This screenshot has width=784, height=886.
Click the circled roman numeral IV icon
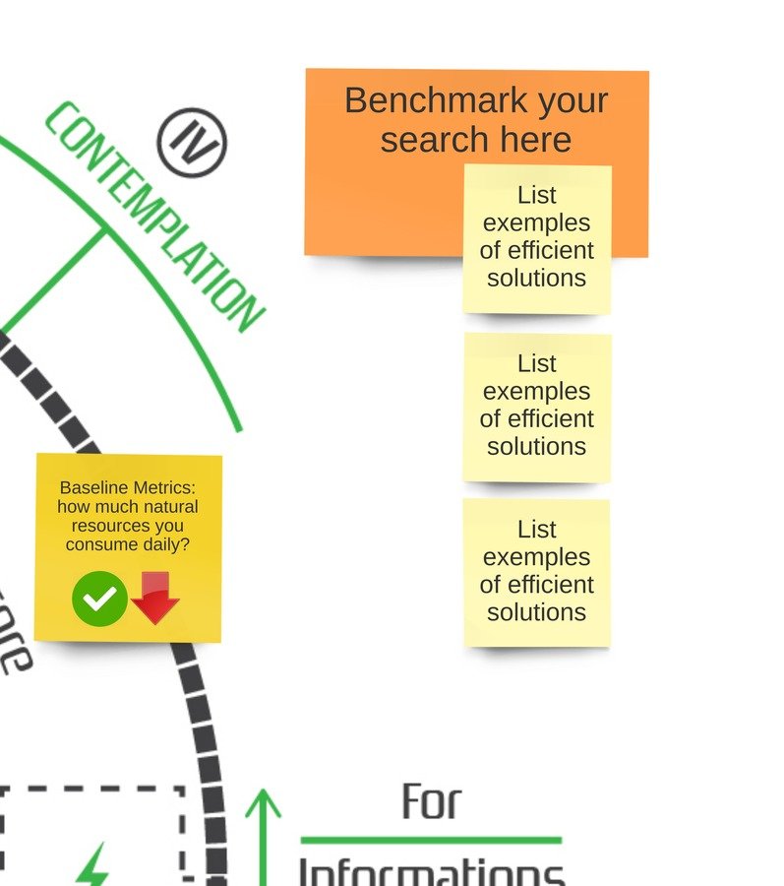[x=192, y=143]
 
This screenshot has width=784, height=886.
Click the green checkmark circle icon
[x=99, y=598]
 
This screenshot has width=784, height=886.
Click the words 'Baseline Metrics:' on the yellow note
[x=128, y=487]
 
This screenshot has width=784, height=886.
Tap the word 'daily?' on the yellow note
[x=163, y=544]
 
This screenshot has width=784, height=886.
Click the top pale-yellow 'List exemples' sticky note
[x=537, y=239]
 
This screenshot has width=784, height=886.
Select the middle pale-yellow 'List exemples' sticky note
[x=537, y=407]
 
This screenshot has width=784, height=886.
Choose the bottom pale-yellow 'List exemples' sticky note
[x=537, y=572]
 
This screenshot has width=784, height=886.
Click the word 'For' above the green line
[x=431, y=802]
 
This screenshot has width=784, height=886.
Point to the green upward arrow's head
[x=263, y=801]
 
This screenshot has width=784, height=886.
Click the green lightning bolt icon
[x=93, y=865]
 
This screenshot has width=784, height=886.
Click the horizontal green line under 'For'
[x=431, y=840]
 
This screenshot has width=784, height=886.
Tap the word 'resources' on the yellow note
[x=128, y=526]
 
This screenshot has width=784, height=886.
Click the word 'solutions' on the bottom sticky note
[x=537, y=612]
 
